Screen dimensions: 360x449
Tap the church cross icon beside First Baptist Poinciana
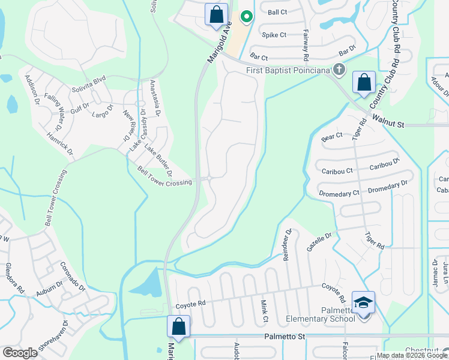339,70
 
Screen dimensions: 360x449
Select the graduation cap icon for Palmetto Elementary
363,302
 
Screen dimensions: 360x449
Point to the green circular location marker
245,16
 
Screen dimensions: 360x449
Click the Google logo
20,353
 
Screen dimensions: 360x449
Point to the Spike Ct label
274,35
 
